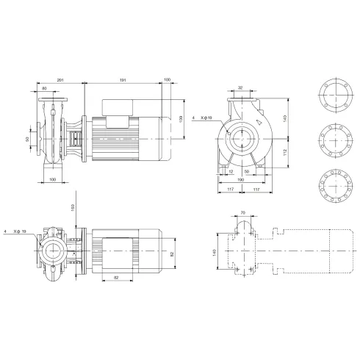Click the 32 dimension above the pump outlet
(x=241, y=87)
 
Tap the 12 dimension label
(x=231, y=170)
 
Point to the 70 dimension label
(x=244, y=214)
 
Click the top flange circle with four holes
(x=334, y=94)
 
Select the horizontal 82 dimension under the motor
(x=117, y=278)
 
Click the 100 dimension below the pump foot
(x=52, y=179)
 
